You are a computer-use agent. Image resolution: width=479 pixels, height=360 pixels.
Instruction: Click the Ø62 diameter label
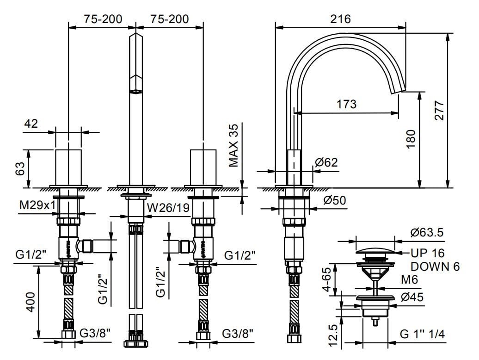326,162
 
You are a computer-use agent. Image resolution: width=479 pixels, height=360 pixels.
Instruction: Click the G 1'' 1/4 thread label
422,333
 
